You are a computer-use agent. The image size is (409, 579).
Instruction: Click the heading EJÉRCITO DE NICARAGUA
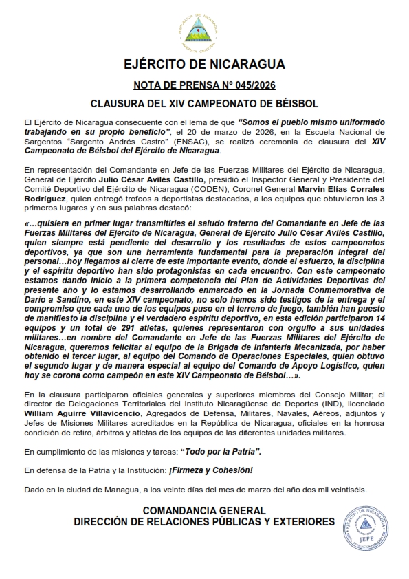pos(204,66)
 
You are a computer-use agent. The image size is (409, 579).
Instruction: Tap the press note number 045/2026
pos(228,85)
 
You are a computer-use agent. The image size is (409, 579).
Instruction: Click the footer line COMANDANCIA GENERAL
pos(204,511)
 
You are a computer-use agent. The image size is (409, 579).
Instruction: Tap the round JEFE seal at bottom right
pos(366,523)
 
